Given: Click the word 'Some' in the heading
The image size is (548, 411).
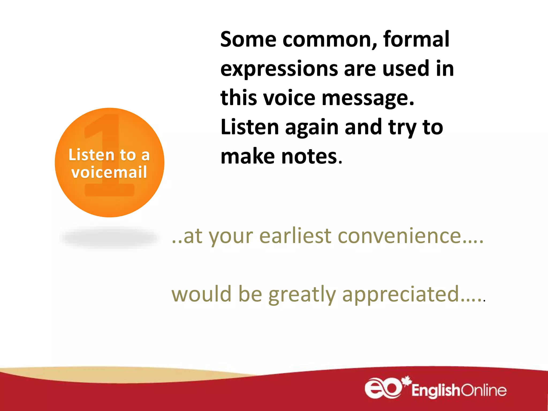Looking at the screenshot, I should pyautogui.click(x=248, y=40).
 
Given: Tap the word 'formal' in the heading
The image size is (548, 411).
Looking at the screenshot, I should pyautogui.click(x=416, y=40).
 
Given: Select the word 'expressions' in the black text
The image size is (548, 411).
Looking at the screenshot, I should pyautogui.click(x=279, y=69).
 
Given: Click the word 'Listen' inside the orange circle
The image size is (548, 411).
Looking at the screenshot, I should pyautogui.click(x=91, y=155).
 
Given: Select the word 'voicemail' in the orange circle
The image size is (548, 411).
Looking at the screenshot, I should pyautogui.click(x=109, y=172).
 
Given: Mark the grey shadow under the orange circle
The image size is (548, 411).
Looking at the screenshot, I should pyautogui.click(x=110, y=238).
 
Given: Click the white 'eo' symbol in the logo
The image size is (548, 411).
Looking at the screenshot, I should pyautogui.click(x=383, y=388).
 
